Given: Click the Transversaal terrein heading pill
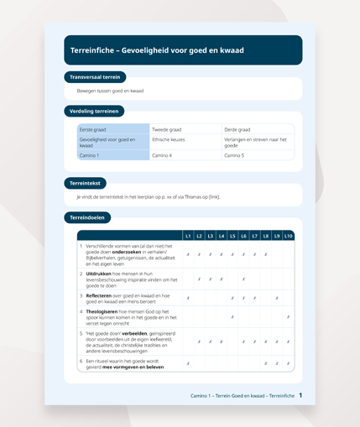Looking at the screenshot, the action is (x=95, y=77).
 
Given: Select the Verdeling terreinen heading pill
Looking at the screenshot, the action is (x=93, y=111).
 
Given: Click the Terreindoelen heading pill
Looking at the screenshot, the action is (x=87, y=218).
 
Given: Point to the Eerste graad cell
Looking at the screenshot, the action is (x=112, y=130).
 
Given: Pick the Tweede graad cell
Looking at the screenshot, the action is (x=185, y=130).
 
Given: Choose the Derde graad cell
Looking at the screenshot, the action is (x=258, y=130).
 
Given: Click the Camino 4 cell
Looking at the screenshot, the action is (x=185, y=155).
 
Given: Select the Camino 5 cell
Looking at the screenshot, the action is (x=258, y=155).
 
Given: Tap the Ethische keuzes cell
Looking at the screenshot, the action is (x=185, y=143).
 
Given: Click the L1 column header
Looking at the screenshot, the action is (x=188, y=236).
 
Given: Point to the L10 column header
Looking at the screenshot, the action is (x=288, y=236).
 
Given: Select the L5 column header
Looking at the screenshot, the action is (x=232, y=236).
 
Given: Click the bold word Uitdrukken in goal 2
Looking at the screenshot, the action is (x=97, y=273).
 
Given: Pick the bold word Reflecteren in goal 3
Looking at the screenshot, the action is (x=99, y=294).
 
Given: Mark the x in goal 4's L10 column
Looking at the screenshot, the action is (x=288, y=317).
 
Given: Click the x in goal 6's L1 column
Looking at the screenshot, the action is (x=188, y=363).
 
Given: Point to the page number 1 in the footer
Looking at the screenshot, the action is (x=300, y=394).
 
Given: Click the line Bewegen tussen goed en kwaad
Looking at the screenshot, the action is (x=110, y=91).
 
